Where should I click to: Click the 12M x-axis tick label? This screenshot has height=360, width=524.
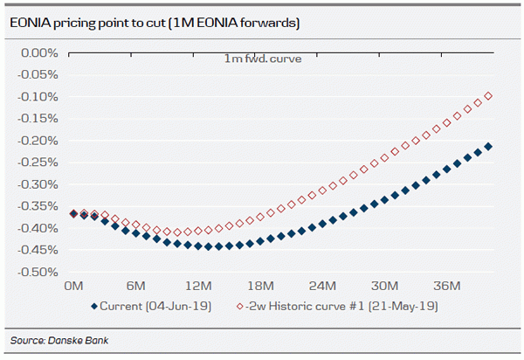(198, 287)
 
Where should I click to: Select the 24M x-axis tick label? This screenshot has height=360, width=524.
(323, 287)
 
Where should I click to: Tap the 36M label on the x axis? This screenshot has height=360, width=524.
(447, 287)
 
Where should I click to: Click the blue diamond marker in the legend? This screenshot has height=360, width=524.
(93, 307)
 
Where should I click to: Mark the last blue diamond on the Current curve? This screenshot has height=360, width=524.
(488, 147)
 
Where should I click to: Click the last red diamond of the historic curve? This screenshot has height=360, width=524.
(488, 96)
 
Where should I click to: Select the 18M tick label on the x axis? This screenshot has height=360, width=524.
(260, 287)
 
